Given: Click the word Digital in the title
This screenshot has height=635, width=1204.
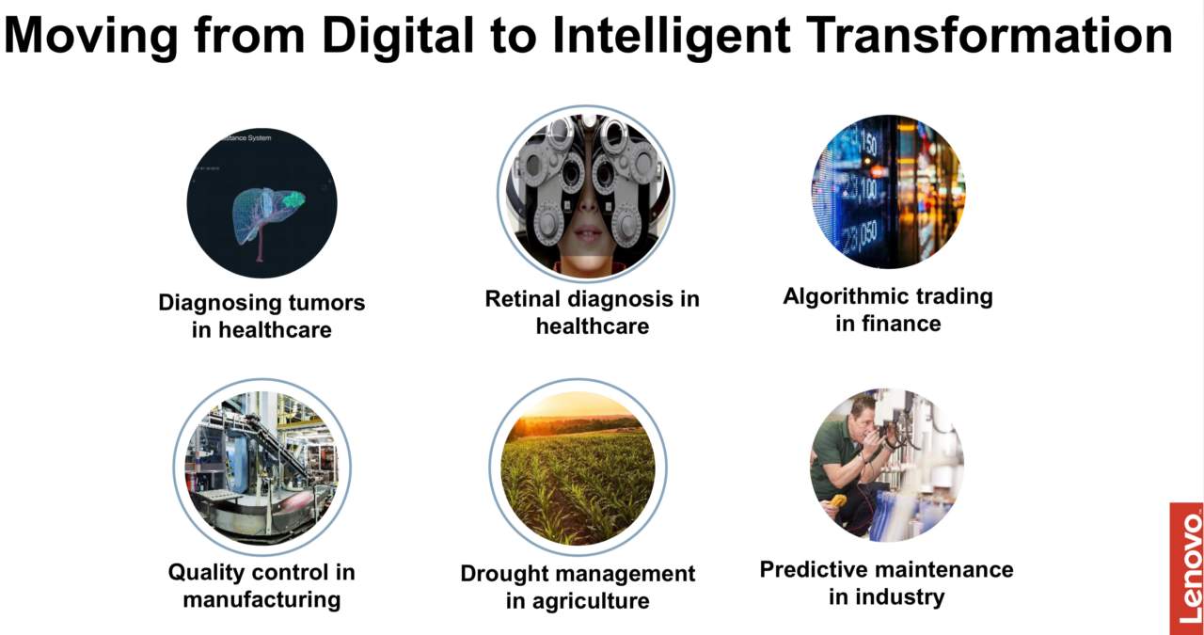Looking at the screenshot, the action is coord(398,36).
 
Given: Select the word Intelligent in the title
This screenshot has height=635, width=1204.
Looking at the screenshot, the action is coord(672,36).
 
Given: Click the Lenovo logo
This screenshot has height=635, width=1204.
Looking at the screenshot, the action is coord(1187,568).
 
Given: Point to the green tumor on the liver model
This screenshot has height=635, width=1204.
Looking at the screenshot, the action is coord(294,200).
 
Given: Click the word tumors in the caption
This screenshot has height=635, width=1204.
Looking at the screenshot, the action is coord(326,303).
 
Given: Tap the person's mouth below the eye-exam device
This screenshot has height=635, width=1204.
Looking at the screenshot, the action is coord(588,234).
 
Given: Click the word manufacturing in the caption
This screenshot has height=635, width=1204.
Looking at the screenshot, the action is coord(261,599).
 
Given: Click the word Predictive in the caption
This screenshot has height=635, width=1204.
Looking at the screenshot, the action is coord(809,569).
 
